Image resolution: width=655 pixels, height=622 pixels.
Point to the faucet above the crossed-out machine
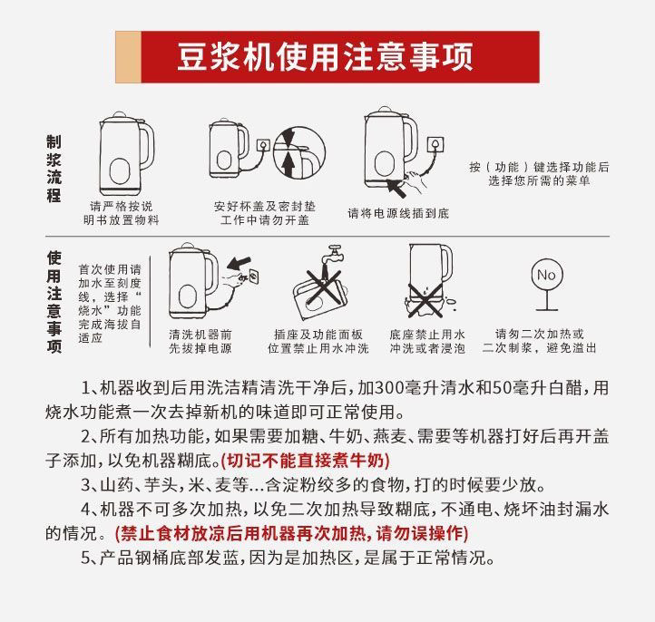(x=337, y=253)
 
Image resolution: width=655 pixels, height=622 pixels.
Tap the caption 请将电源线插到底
(x=398, y=214)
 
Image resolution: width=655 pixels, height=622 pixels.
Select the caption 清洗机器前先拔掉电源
(x=200, y=341)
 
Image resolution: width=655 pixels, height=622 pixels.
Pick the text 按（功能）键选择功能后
(x=539, y=167)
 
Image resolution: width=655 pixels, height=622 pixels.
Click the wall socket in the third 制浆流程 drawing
(x=441, y=144)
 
